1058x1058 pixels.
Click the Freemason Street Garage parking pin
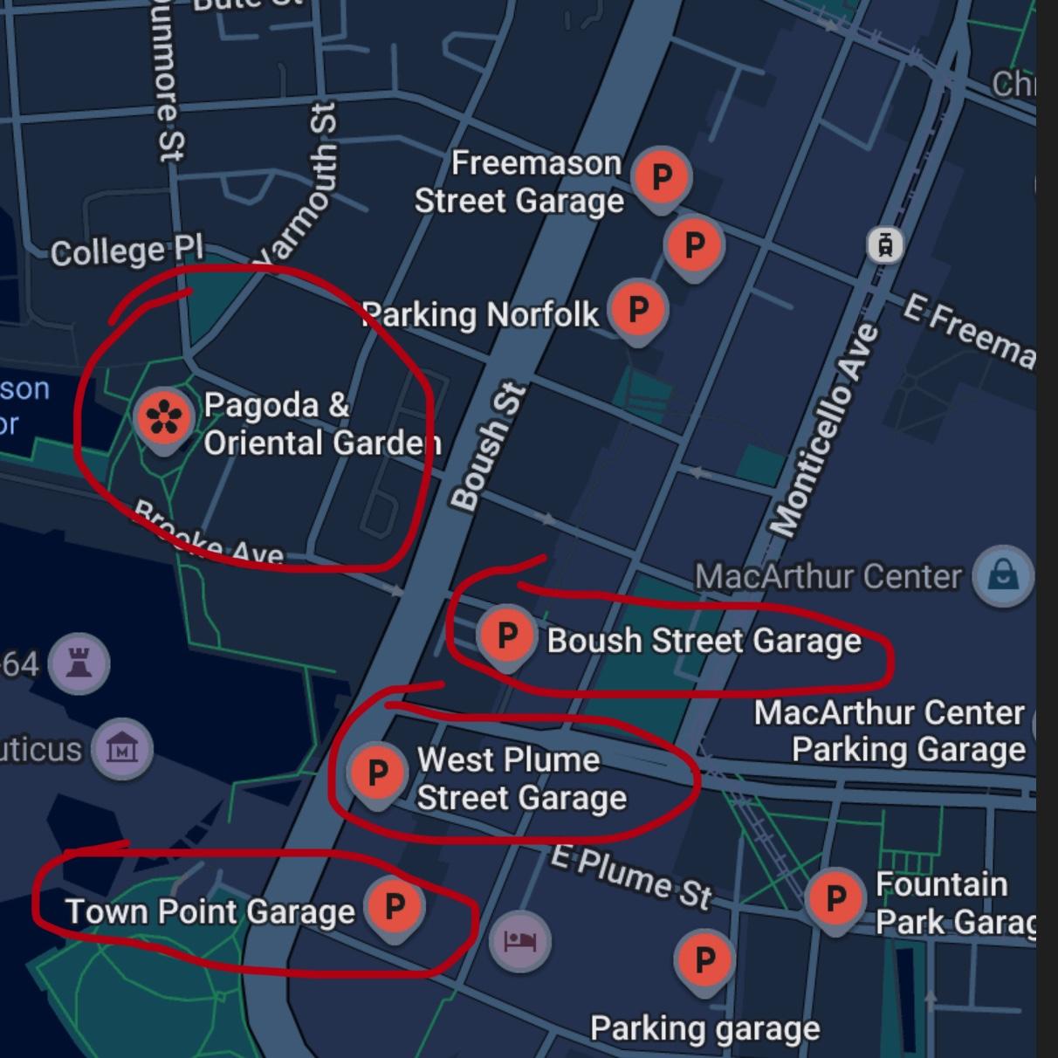click(x=662, y=177)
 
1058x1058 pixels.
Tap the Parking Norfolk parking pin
click(x=638, y=309)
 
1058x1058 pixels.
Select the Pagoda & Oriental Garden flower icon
click(x=164, y=417)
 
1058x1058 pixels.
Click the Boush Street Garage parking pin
click(x=506, y=635)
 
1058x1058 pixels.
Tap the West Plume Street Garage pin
click(x=377, y=773)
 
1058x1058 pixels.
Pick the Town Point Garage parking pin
click(x=395, y=906)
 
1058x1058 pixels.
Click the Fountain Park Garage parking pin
click(x=835, y=897)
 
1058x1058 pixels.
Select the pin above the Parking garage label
click(x=704, y=959)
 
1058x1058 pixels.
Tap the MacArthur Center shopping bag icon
click(x=1004, y=576)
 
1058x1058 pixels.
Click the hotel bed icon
click(x=520, y=941)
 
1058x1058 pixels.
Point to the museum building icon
click(x=122, y=749)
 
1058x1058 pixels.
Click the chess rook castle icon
click(x=79, y=663)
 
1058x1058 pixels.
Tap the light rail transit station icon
click(x=885, y=245)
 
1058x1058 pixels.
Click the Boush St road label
click(x=489, y=447)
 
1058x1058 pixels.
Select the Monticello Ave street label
click(x=824, y=429)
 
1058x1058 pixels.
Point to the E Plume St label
click(x=631, y=876)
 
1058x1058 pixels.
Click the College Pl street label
click(x=127, y=251)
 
